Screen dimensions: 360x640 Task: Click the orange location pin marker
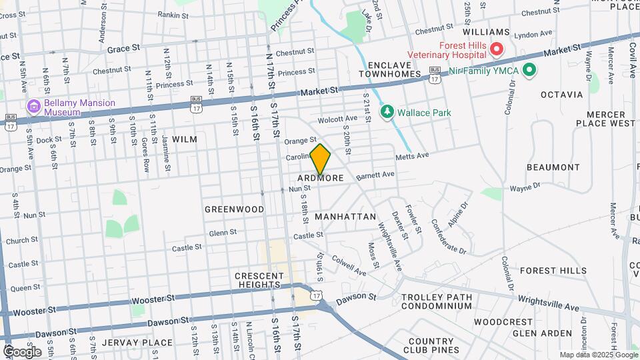click(321, 159)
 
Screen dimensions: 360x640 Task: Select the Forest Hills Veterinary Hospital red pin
click(496, 49)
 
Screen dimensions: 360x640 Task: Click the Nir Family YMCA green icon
click(529, 69)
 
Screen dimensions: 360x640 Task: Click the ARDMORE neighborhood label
click(321, 178)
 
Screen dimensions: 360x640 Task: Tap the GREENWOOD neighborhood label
click(234, 209)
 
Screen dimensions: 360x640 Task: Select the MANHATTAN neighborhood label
click(345, 217)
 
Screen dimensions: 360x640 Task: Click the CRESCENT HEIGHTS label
click(257, 280)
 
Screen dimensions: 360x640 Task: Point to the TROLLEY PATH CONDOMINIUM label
click(437, 301)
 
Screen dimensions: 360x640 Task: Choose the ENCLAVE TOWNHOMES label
click(395, 69)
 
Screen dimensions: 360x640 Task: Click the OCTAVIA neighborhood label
click(562, 95)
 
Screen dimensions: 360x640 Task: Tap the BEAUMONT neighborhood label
click(553, 167)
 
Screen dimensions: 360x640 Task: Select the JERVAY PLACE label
click(143, 343)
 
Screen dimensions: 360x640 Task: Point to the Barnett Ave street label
click(375, 175)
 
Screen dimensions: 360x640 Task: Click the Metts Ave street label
click(411, 156)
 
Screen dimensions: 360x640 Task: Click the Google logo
click(21, 351)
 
